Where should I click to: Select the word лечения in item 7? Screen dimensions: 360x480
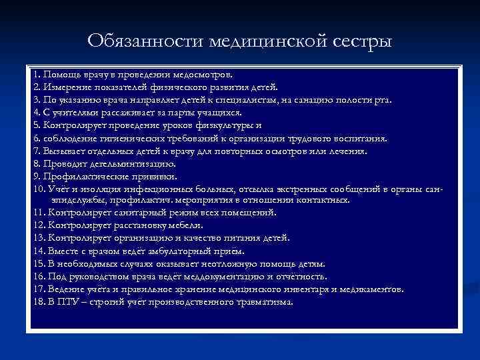click(347, 151)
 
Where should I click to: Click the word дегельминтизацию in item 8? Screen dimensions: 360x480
click(131, 164)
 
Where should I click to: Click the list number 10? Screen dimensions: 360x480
click(37, 189)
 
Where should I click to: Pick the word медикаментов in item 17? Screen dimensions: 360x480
click(370, 289)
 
